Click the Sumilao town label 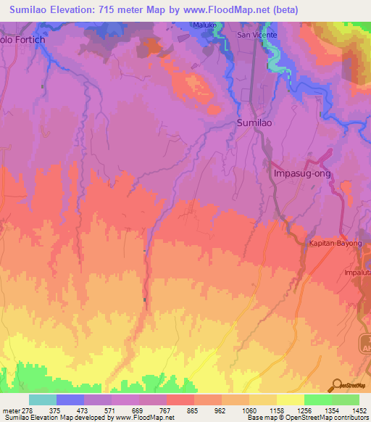pos(255,124)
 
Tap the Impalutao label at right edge pos(358,274)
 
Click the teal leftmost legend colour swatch pos(43,400)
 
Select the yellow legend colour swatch pos(290,400)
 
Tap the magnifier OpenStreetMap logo pos(336,385)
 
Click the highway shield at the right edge pos(366,342)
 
